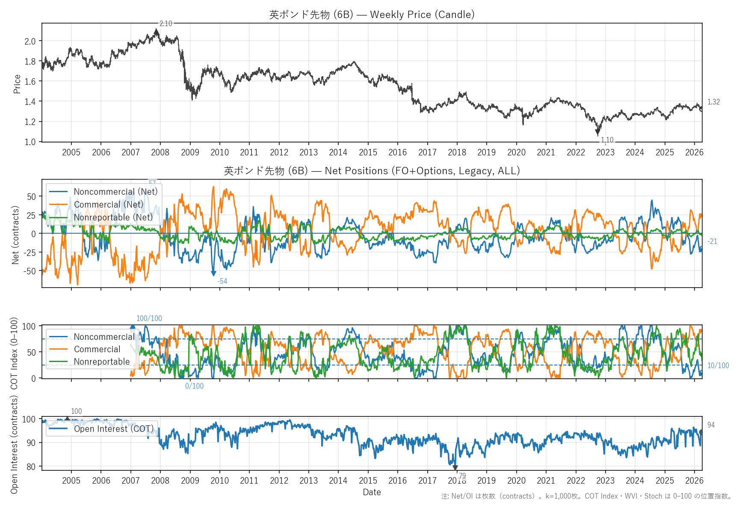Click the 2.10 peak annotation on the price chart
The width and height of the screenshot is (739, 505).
click(x=166, y=24)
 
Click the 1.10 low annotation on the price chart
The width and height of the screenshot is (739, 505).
click(x=607, y=140)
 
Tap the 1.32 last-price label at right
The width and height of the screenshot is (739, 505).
click(x=713, y=102)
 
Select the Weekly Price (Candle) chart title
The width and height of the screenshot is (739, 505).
click(x=372, y=15)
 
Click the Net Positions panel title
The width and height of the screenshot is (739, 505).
click(x=372, y=171)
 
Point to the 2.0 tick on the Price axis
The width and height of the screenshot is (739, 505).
click(x=30, y=42)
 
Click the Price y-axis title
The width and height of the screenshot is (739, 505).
click(x=17, y=84)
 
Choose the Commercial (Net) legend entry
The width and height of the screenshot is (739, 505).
click(x=109, y=205)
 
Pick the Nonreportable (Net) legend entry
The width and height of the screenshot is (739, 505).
click(x=113, y=217)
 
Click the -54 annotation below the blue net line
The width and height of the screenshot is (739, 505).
click(x=222, y=281)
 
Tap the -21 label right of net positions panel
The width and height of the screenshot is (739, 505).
click(x=712, y=241)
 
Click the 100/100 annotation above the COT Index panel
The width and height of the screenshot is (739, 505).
click(x=149, y=318)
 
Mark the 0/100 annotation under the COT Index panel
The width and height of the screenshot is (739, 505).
click(x=194, y=386)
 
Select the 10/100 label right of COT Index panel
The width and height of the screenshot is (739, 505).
click(x=718, y=365)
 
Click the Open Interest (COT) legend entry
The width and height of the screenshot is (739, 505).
click(x=113, y=429)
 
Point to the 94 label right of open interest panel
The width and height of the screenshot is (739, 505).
click(x=711, y=425)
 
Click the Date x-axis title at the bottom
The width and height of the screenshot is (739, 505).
click(x=372, y=492)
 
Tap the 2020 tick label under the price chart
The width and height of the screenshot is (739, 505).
click(x=516, y=152)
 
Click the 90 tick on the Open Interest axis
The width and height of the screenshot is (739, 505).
click(x=31, y=443)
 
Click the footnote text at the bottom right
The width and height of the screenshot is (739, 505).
click(x=586, y=496)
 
